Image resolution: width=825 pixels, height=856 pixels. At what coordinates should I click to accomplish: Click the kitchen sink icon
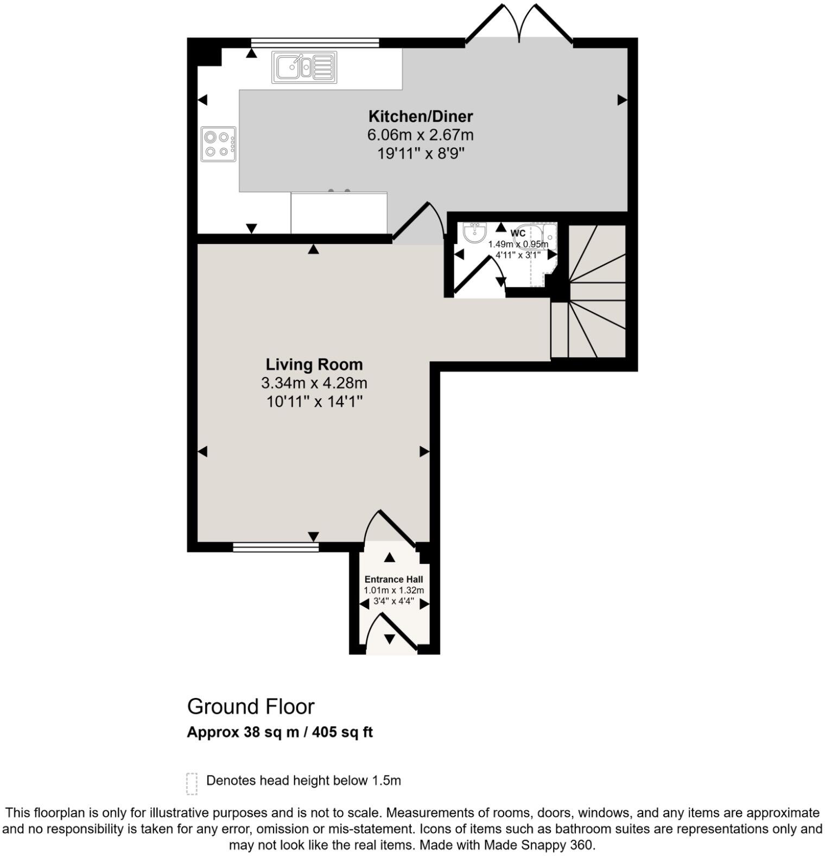click(x=304, y=67)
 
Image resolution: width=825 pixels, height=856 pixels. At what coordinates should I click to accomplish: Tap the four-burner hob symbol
click(x=218, y=144)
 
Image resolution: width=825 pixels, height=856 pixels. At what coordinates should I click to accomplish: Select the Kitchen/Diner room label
click(x=420, y=116)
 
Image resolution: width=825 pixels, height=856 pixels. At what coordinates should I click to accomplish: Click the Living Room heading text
click(x=314, y=364)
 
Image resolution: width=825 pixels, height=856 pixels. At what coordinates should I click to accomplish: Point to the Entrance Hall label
click(x=394, y=580)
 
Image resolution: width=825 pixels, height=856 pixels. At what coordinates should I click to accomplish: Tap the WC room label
click(x=518, y=234)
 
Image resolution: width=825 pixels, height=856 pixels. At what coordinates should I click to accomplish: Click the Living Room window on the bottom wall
click(x=276, y=547)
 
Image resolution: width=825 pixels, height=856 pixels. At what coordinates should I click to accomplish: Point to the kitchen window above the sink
click(x=315, y=42)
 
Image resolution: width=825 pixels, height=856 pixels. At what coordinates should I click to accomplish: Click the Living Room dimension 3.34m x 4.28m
click(x=314, y=383)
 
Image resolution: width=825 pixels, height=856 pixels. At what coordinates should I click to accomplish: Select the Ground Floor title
click(x=251, y=707)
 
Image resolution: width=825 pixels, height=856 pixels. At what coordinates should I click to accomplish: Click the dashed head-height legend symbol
click(x=191, y=783)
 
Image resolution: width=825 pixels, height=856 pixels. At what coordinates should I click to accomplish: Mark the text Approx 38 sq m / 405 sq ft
click(x=280, y=732)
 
